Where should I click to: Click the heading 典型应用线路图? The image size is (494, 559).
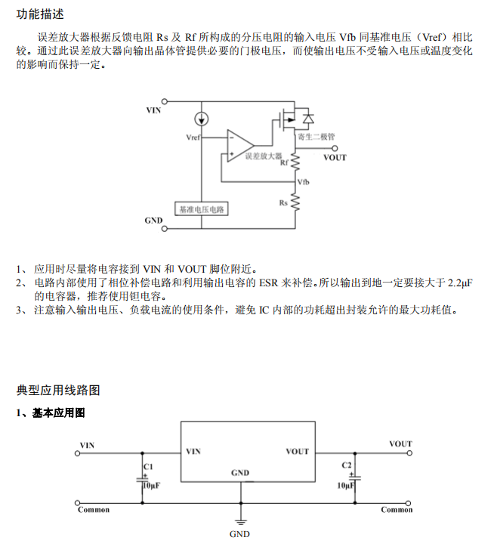pos(58,390)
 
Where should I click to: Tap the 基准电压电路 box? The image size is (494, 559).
pos(202,208)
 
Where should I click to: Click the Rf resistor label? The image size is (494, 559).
pos(284,162)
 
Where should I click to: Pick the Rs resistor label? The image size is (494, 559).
pos(283,202)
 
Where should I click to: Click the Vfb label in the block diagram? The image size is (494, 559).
pos(304,182)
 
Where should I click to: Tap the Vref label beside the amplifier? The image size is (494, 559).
pos(193,138)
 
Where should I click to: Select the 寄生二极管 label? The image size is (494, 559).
pos(316,137)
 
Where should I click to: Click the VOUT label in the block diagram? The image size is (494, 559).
pos(335,157)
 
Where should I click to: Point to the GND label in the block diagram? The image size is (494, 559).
pos(154,220)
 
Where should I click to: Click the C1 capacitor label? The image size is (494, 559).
pos(148,468)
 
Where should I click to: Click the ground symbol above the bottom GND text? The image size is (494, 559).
pos(240,520)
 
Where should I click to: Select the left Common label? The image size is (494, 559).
pos(94,510)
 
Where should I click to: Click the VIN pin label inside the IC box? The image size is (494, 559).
pos(193,451)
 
